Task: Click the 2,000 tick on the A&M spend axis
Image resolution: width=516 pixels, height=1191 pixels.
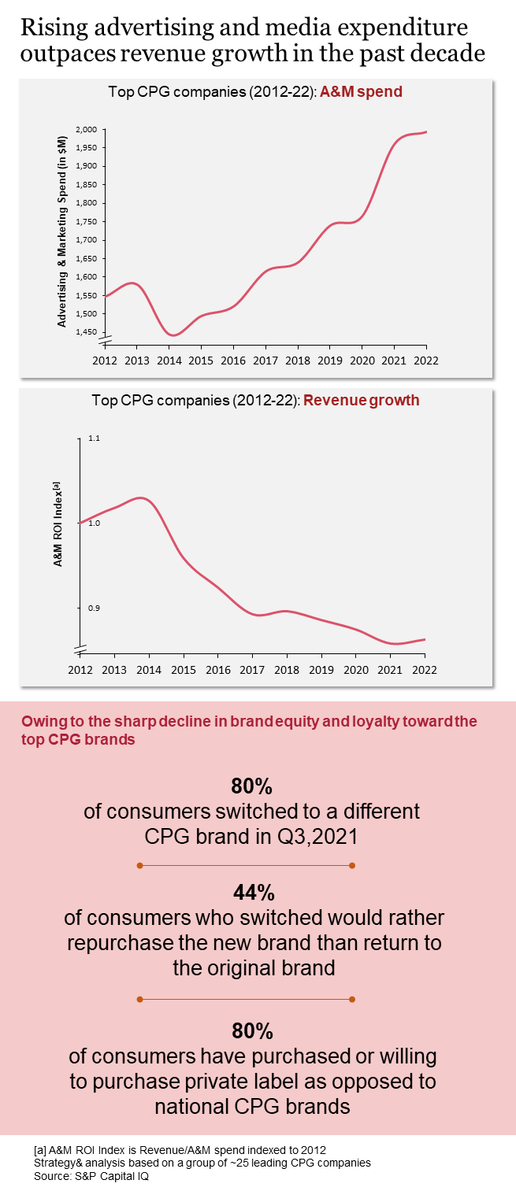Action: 87,129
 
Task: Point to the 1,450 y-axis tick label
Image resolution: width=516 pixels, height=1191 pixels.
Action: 87,332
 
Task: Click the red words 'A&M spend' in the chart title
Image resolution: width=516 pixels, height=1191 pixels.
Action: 361,91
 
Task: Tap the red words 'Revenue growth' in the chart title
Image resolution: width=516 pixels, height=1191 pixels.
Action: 361,400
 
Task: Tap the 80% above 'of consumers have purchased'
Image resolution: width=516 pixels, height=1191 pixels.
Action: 254,1031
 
